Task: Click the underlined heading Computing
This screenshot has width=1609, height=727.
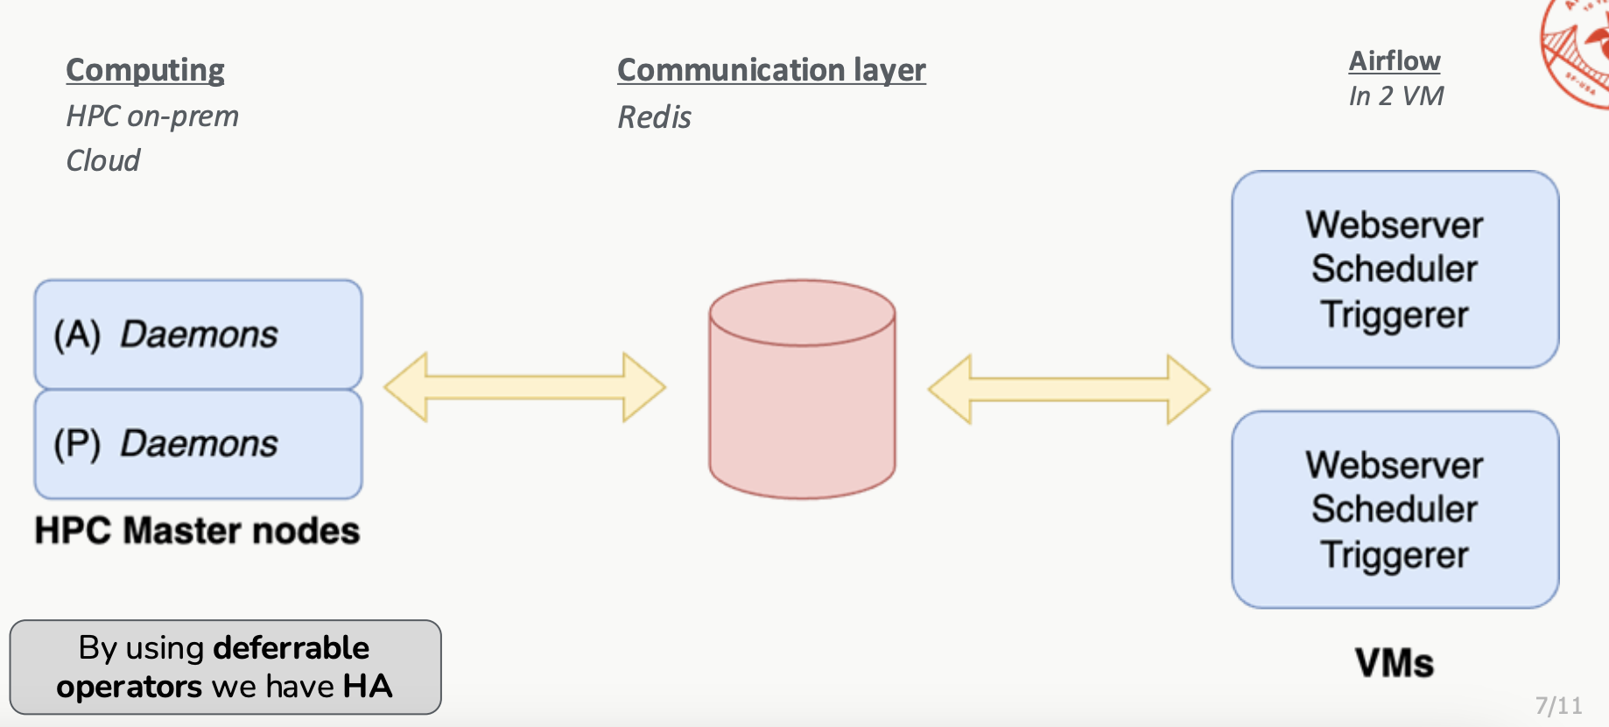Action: (x=145, y=70)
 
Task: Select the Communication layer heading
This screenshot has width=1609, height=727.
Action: (x=771, y=70)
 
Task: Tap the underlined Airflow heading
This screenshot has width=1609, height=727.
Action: (x=1394, y=60)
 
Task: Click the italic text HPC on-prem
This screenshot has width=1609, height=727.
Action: (x=152, y=116)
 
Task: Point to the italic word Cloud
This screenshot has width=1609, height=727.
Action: (x=103, y=161)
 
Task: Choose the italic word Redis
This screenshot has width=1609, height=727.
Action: (x=654, y=117)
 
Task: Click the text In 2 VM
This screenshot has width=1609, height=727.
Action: (x=1395, y=96)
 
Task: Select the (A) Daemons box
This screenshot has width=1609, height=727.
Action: (x=198, y=335)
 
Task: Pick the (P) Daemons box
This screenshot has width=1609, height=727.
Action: (x=198, y=444)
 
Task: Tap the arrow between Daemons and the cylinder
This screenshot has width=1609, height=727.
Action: (x=525, y=387)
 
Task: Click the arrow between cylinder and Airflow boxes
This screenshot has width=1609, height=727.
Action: (x=1069, y=389)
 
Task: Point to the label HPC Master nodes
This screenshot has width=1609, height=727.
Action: (x=197, y=531)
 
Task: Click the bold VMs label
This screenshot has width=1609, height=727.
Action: (x=1394, y=663)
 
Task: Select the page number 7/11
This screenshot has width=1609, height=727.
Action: (x=1558, y=706)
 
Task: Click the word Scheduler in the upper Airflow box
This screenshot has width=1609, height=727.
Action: (x=1395, y=269)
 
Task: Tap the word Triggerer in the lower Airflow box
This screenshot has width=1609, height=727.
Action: (x=1395, y=555)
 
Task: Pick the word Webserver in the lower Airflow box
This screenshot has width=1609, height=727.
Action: (x=1395, y=465)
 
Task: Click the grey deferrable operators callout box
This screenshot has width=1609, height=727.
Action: (x=225, y=667)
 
